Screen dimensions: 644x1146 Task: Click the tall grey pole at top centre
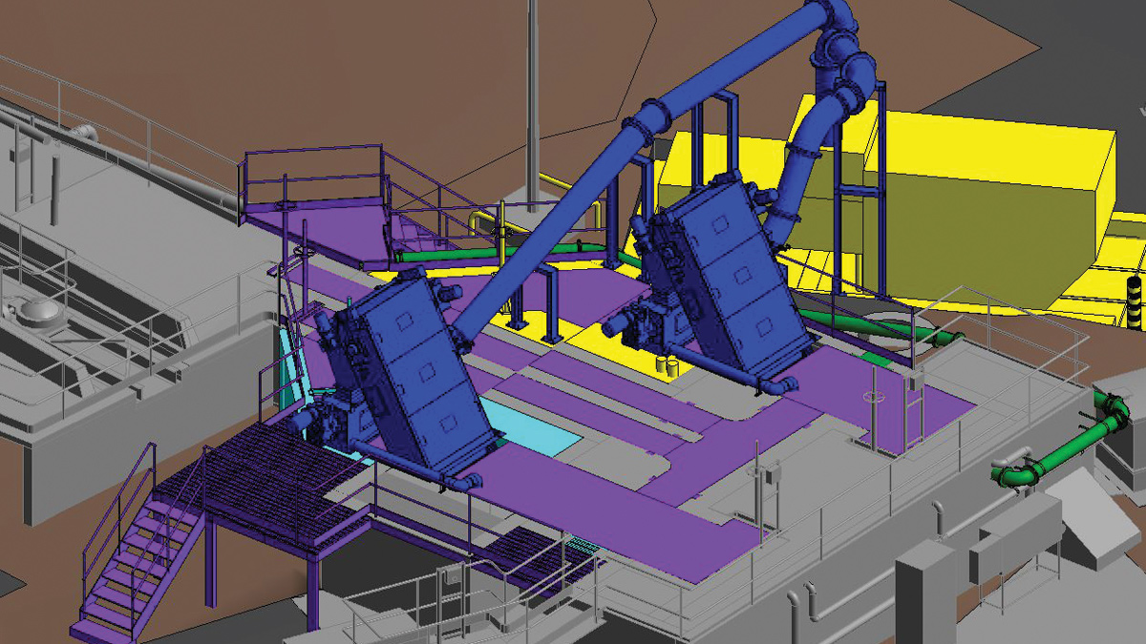[x=532, y=95]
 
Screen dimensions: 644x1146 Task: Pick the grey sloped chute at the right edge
[x=1098, y=515]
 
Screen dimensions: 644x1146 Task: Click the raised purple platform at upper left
[x=315, y=215]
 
